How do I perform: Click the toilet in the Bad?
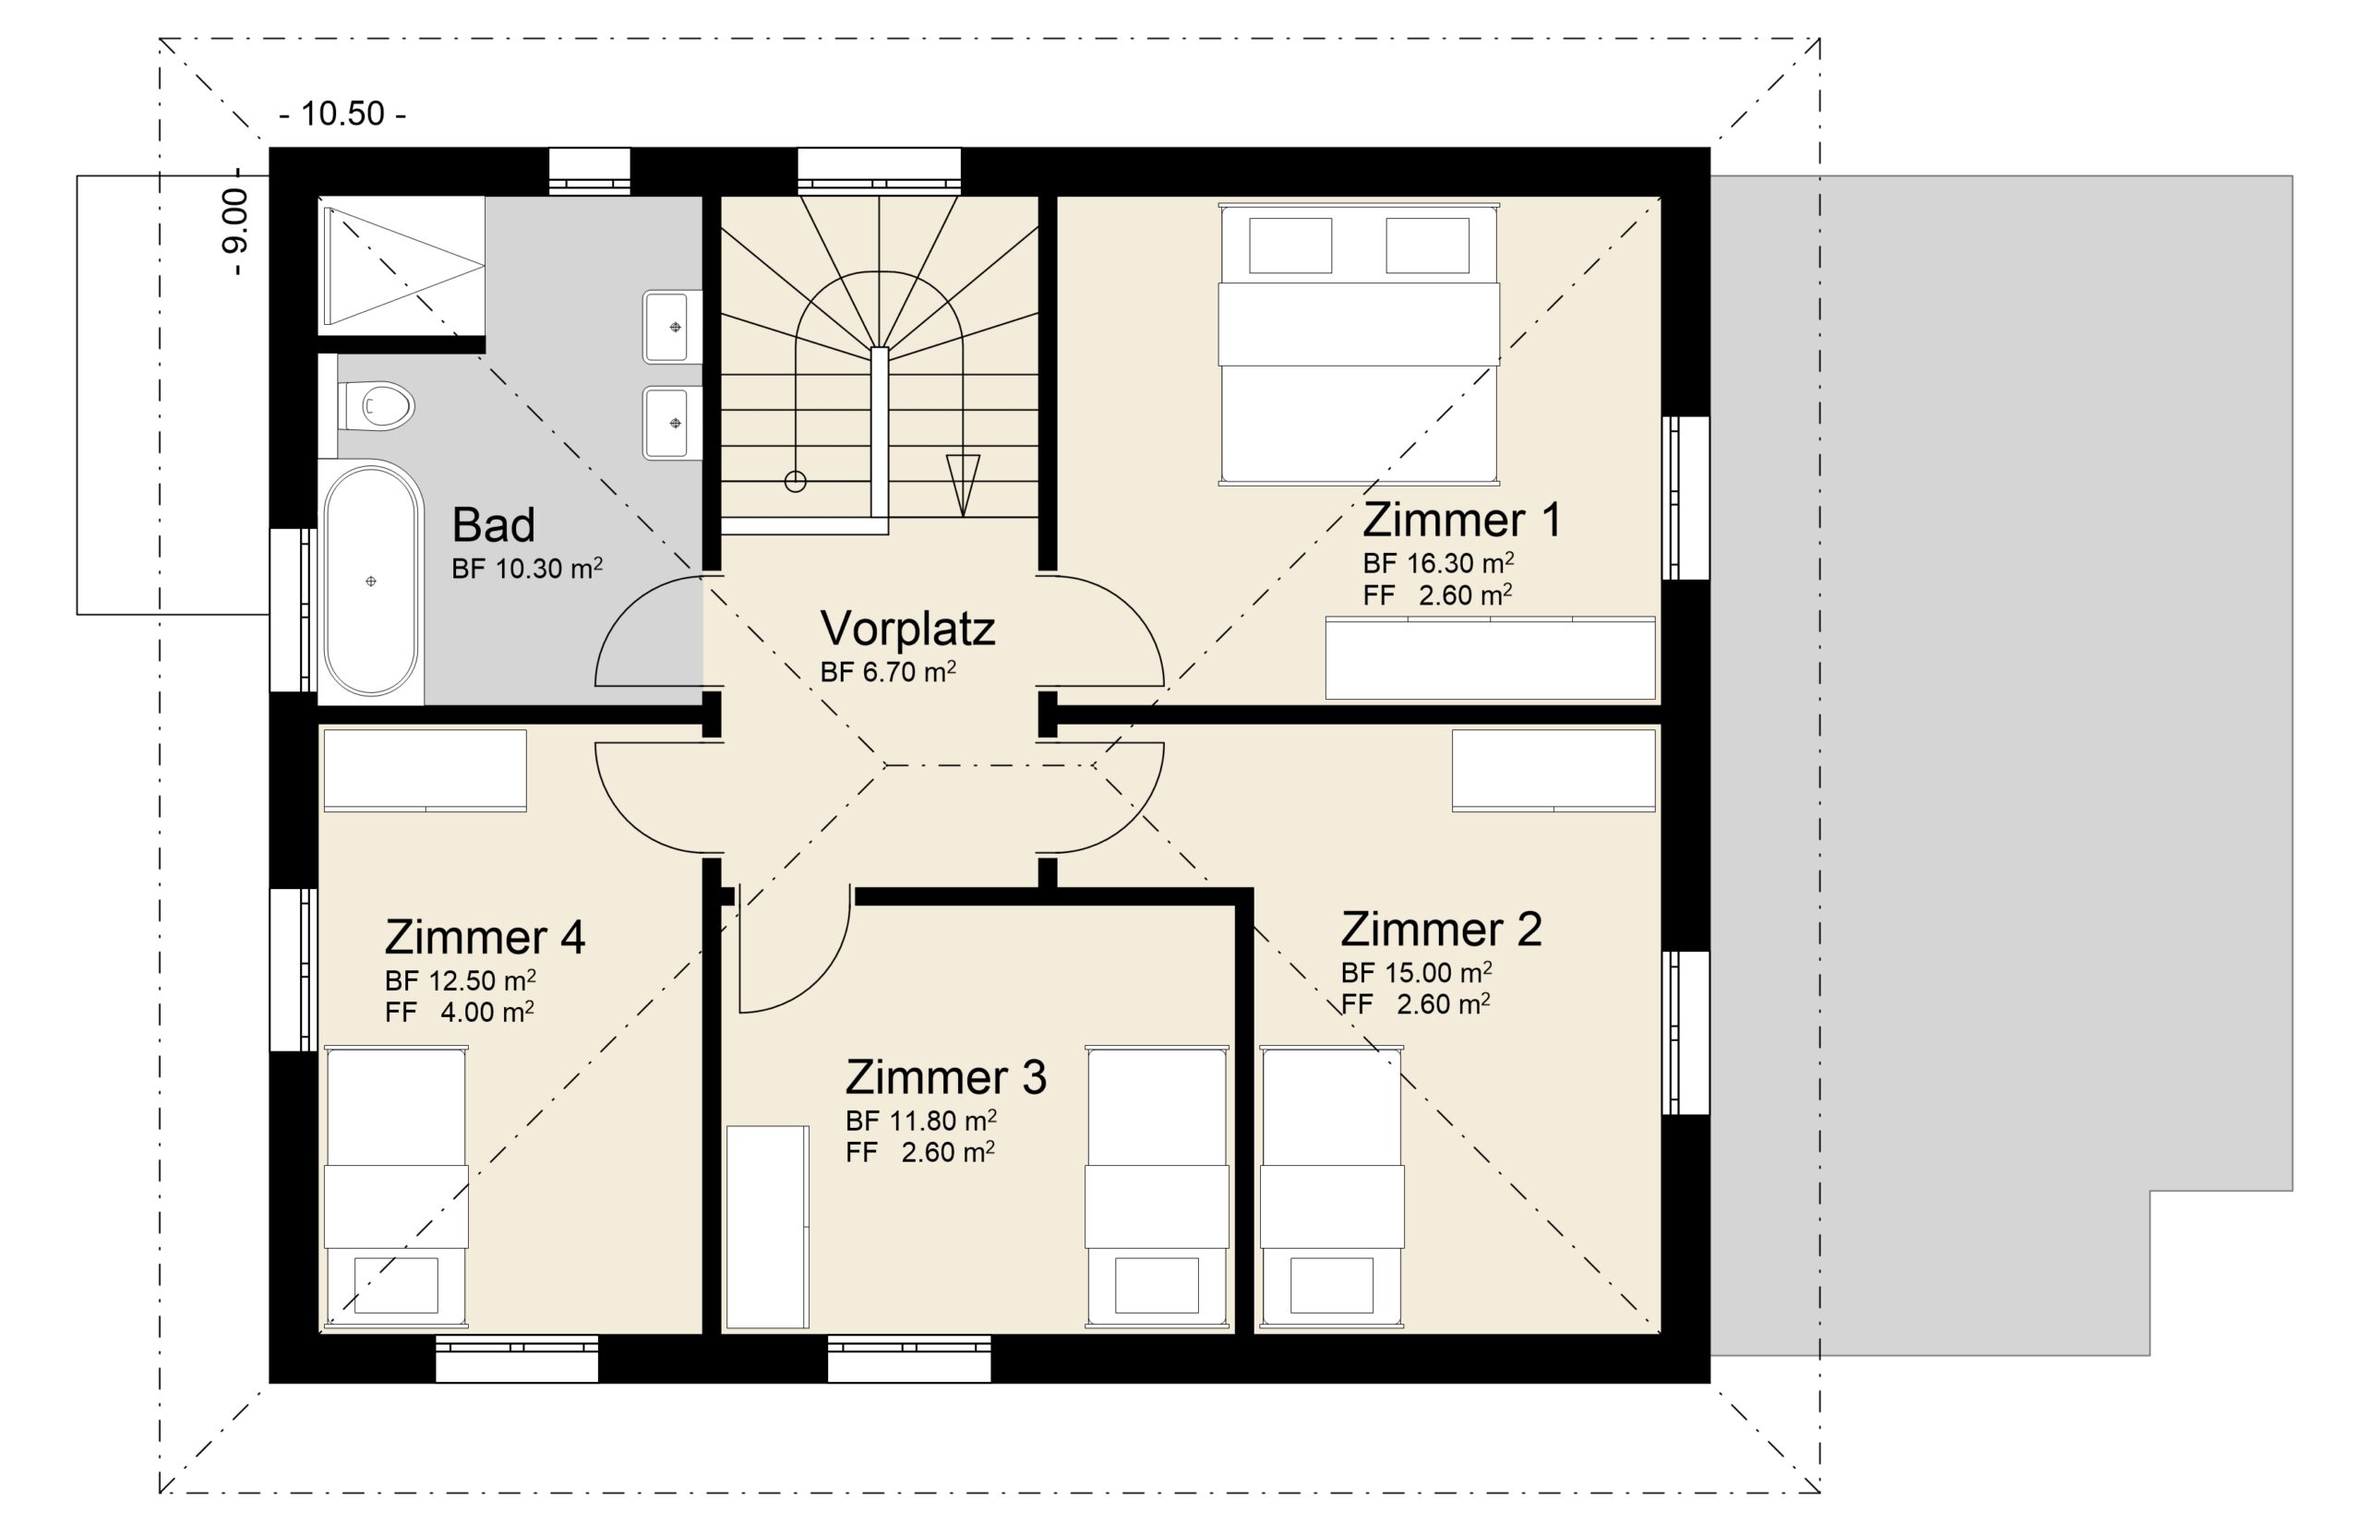[376, 406]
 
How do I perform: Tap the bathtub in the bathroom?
[371, 582]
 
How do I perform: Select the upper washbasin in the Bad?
[672, 327]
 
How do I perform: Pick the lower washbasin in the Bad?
[672, 423]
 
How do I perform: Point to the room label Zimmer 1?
[1460, 520]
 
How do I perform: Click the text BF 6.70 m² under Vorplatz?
[888, 672]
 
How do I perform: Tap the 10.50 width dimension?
[342, 114]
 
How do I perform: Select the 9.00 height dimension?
[236, 234]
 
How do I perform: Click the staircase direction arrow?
[963, 485]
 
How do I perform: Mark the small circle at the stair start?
[796, 482]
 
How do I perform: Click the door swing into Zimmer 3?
[795, 949]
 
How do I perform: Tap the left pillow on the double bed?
[1289, 245]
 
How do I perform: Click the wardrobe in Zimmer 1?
[1491, 658]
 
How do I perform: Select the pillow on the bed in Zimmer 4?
[396, 1286]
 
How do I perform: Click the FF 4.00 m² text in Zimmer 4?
[460, 1012]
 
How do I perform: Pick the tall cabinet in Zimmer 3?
[767, 1226]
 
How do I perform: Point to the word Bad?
[494, 524]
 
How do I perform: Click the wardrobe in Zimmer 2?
[1553, 770]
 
